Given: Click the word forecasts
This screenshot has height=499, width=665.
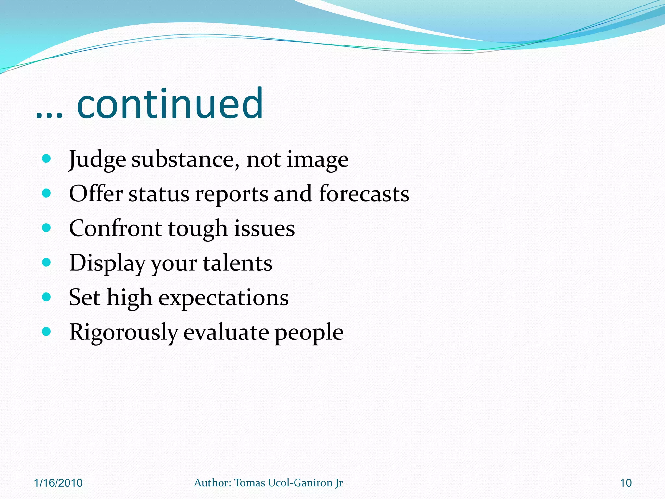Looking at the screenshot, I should coord(364,194).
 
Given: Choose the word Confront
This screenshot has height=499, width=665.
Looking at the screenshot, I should coord(115,228).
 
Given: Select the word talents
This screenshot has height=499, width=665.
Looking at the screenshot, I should coord(238,263).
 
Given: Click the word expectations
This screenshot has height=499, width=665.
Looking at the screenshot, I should coord(223,298).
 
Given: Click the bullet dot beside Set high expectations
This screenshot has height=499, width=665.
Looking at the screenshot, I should coord(47,297).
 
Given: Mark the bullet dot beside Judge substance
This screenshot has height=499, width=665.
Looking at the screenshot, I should coord(47,159).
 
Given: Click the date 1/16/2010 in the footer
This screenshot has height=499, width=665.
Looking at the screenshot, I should coord(58,483).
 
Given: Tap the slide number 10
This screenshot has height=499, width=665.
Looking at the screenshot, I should coord(626,483).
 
